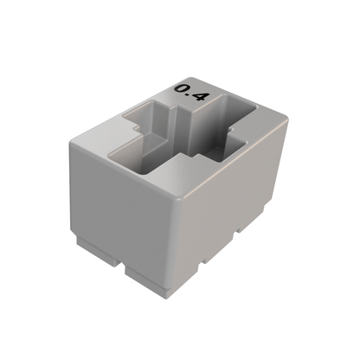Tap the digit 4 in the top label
199,96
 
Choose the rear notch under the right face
239,233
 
